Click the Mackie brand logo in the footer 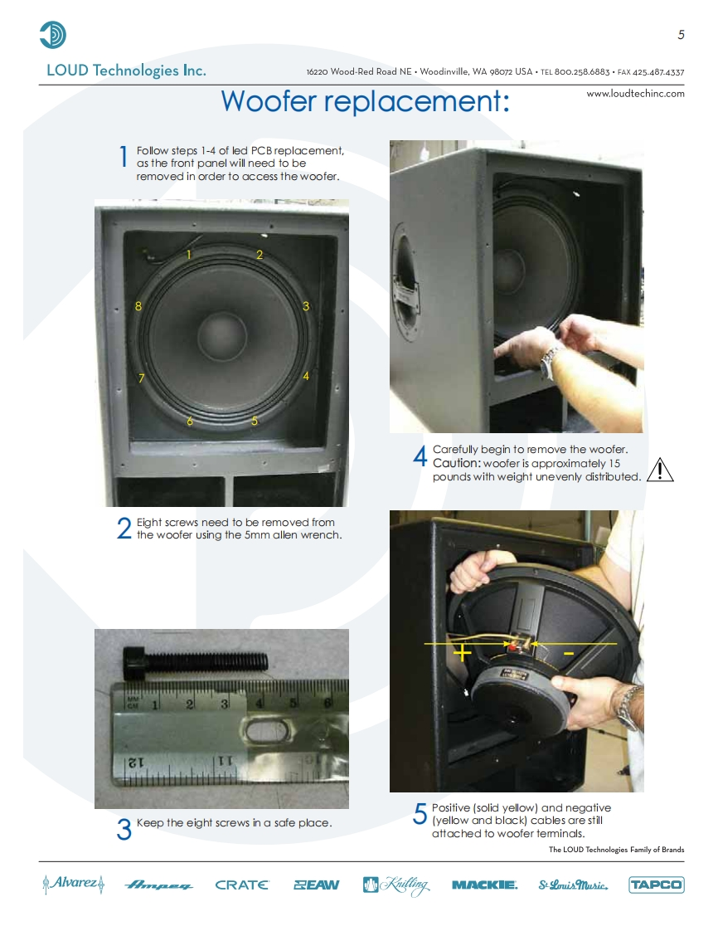coord(484,885)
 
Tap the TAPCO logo coord(657,885)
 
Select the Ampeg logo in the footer coord(158,885)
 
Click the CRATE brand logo coord(241,885)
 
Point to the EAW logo coord(316,885)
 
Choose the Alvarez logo coord(74,884)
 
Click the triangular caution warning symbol coord(659,470)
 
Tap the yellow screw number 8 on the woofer coord(138,306)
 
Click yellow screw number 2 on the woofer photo coord(260,255)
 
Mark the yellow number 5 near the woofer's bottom coord(255,421)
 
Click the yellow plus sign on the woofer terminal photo coord(462,653)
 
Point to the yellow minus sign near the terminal coord(569,654)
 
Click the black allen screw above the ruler coord(195,662)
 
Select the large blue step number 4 coord(420,456)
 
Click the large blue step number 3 coord(124,829)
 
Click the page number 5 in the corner coord(682,35)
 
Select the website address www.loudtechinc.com coord(635,93)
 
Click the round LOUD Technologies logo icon coord(53,35)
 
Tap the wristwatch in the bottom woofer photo coord(628,707)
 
